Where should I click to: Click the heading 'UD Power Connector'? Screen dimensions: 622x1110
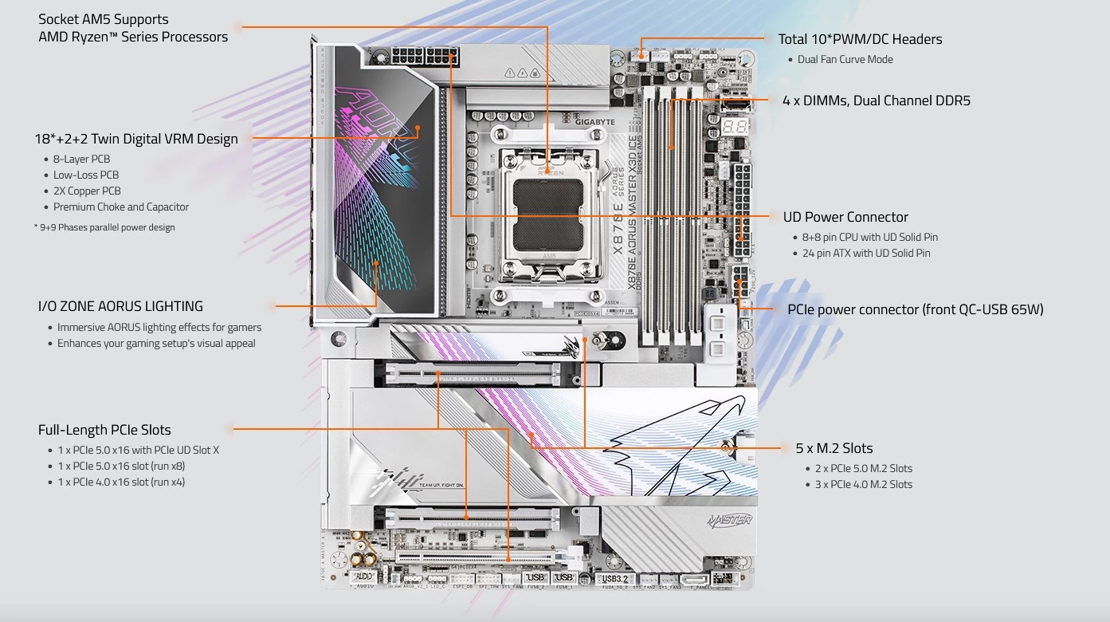845,217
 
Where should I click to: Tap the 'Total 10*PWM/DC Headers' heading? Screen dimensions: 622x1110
860,39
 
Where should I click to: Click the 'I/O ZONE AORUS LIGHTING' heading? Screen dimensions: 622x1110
120,306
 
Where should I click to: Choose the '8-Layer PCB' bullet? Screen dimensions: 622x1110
81,159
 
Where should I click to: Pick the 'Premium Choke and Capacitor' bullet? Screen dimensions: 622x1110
121,207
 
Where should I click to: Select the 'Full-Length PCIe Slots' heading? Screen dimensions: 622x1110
104,430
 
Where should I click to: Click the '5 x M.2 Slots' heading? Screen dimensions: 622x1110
833,448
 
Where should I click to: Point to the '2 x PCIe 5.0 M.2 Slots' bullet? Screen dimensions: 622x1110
863,468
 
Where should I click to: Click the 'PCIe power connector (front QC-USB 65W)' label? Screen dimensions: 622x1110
915,309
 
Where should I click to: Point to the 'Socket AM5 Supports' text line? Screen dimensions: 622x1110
104,19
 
